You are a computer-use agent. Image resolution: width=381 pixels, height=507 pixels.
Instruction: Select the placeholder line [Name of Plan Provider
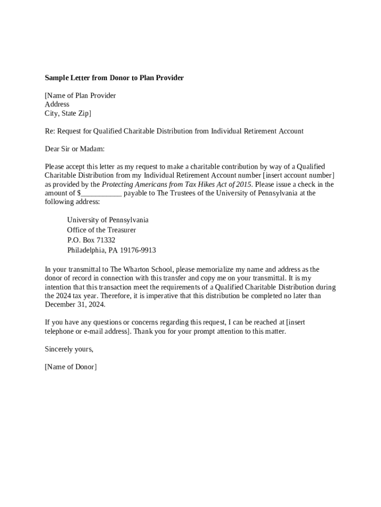80,96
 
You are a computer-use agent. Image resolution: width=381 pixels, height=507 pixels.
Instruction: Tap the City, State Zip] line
68,113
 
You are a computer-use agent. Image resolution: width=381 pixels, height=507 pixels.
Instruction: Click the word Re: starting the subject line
50,131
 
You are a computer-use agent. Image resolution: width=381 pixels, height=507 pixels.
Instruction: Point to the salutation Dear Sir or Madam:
75,149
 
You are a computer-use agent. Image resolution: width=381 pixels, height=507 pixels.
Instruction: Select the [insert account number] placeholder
299,175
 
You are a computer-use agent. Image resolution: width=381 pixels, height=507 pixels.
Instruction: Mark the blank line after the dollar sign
101,193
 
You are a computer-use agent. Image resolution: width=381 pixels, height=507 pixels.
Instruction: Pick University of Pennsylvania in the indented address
107,220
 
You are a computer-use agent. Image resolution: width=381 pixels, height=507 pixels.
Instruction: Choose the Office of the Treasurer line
101,230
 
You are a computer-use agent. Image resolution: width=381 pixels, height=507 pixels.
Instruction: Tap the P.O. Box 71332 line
91,240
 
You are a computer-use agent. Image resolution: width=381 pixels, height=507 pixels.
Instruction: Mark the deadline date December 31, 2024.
75,304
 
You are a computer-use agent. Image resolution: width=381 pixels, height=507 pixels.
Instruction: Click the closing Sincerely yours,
69,349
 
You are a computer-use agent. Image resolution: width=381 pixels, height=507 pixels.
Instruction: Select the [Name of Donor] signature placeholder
71,367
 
